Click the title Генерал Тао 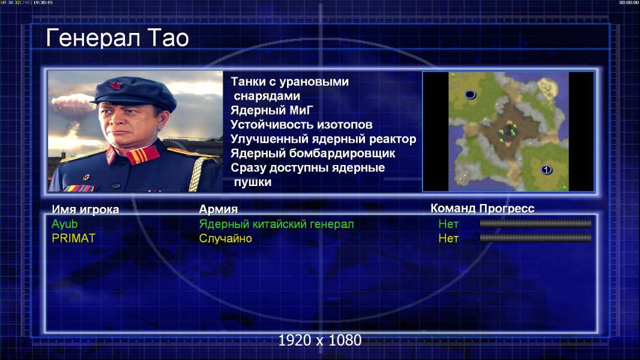(x=117, y=38)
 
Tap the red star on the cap (x=116, y=86)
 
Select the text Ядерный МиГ (x=272, y=110)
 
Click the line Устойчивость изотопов (x=301, y=124)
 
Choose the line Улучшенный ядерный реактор (x=323, y=139)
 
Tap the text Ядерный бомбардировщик (x=313, y=153)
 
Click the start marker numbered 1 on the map (x=546, y=170)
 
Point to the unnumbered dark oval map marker (x=470, y=95)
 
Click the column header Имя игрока (x=85, y=209)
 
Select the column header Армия (x=219, y=209)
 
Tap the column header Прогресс (x=507, y=209)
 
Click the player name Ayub (x=64, y=224)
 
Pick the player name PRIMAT (x=73, y=238)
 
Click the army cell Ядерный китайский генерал (x=276, y=224)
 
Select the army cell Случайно (x=225, y=238)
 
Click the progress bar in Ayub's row (x=536, y=223)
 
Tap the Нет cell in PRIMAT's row (x=448, y=238)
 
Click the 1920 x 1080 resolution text (x=320, y=340)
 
